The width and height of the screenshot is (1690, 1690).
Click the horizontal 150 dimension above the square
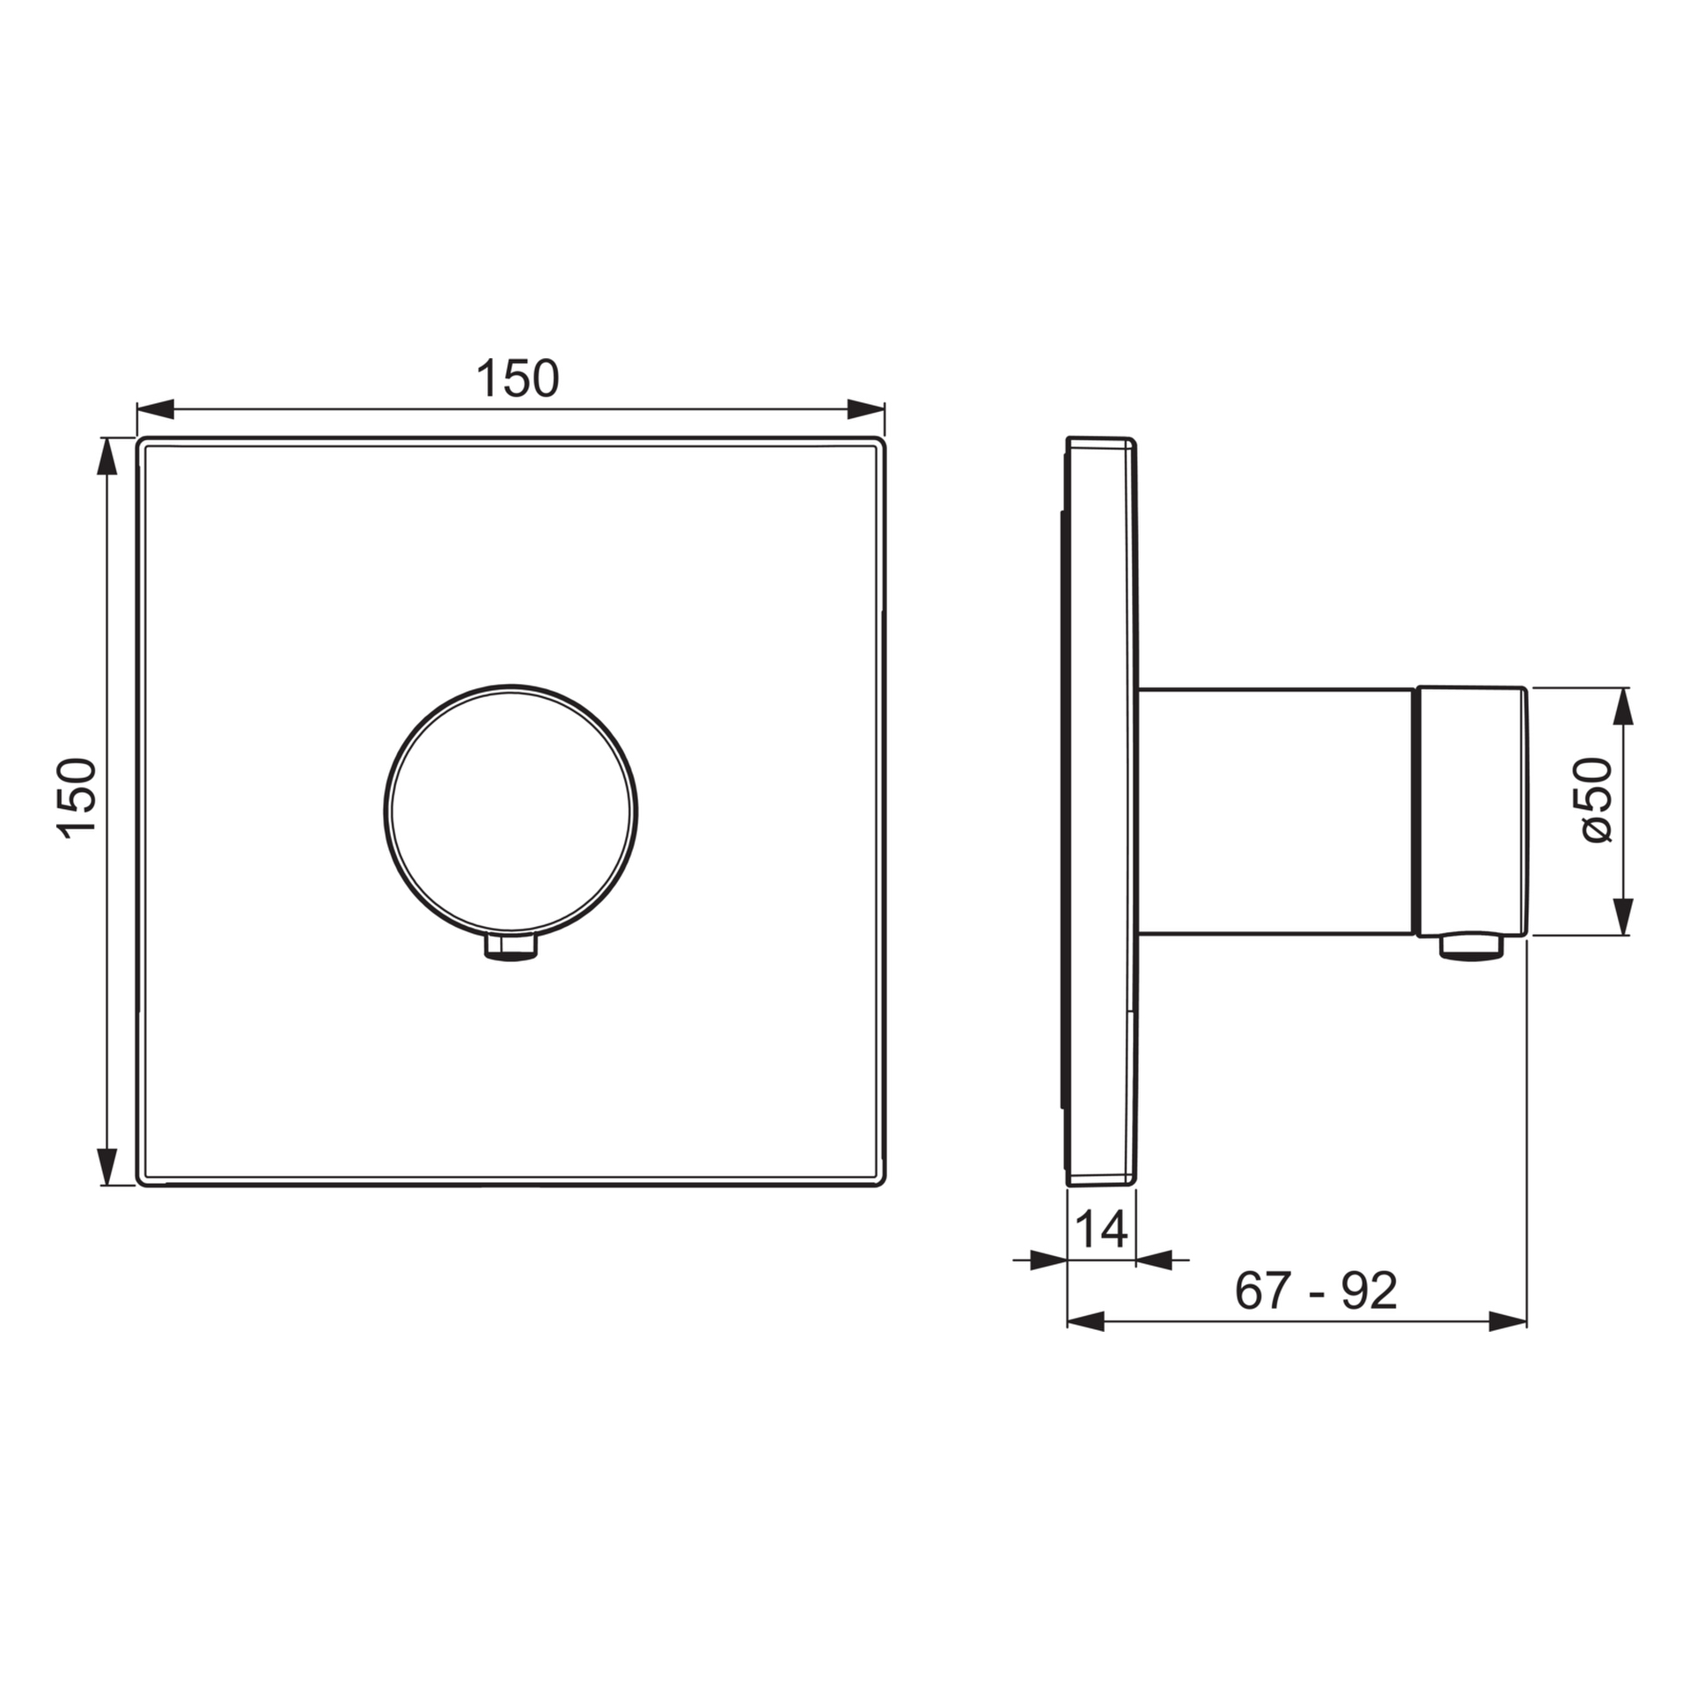pos(517,379)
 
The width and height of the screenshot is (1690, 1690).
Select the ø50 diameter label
pos(1596,800)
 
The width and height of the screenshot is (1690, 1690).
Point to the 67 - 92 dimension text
pos(1316,1291)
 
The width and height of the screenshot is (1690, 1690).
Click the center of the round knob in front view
pos(511,810)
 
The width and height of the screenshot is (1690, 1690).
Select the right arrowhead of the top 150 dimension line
pos(865,409)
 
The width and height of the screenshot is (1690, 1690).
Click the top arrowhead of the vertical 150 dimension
pos(107,456)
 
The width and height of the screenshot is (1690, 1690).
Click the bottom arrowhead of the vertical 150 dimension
pos(107,1166)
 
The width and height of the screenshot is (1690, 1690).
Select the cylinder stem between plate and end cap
pos(1276,811)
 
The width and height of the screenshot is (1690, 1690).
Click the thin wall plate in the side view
pos(1100,810)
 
